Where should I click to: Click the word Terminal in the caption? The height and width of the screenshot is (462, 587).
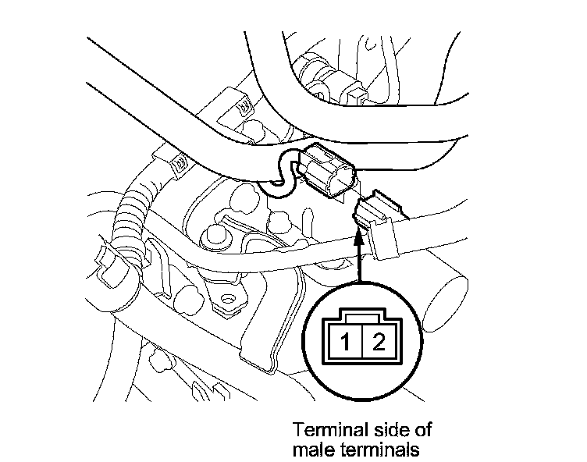pyautogui.click(x=322, y=430)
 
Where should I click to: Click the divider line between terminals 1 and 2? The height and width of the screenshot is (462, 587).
pyautogui.click(x=360, y=341)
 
